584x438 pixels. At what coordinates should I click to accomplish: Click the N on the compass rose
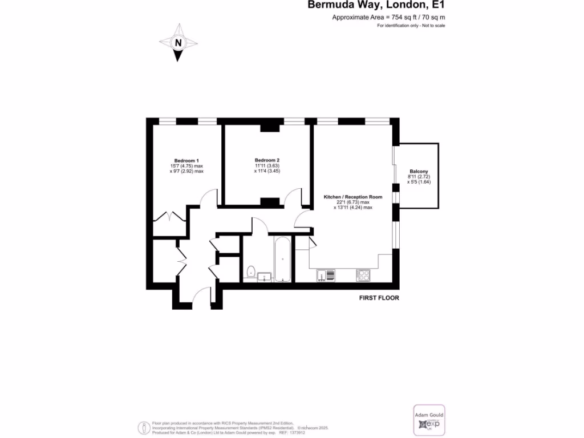tap(179, 43)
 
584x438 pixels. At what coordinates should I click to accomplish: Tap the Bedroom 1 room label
tap(186, 160)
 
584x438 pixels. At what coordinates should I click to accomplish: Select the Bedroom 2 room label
tap(267, 160)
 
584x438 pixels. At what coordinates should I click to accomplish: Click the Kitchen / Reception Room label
tap(353, 197)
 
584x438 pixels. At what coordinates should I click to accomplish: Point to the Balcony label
tap(419, 172)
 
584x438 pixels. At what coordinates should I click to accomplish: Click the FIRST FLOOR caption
tap(379, 298)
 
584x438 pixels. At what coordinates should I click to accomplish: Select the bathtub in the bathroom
tap(282, 260)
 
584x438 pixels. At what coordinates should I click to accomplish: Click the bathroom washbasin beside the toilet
tap(264, 277)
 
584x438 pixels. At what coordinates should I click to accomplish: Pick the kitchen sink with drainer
tap(326, 275)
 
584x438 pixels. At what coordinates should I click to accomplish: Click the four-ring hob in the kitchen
tap(363, 275)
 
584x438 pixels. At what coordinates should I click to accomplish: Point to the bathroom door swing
tap(260, 226)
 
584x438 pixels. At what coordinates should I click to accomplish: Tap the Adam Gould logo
tap(428, 421)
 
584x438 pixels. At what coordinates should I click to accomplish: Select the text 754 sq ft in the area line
tap(399, 18)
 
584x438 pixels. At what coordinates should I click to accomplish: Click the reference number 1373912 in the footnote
tap(313, 433)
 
